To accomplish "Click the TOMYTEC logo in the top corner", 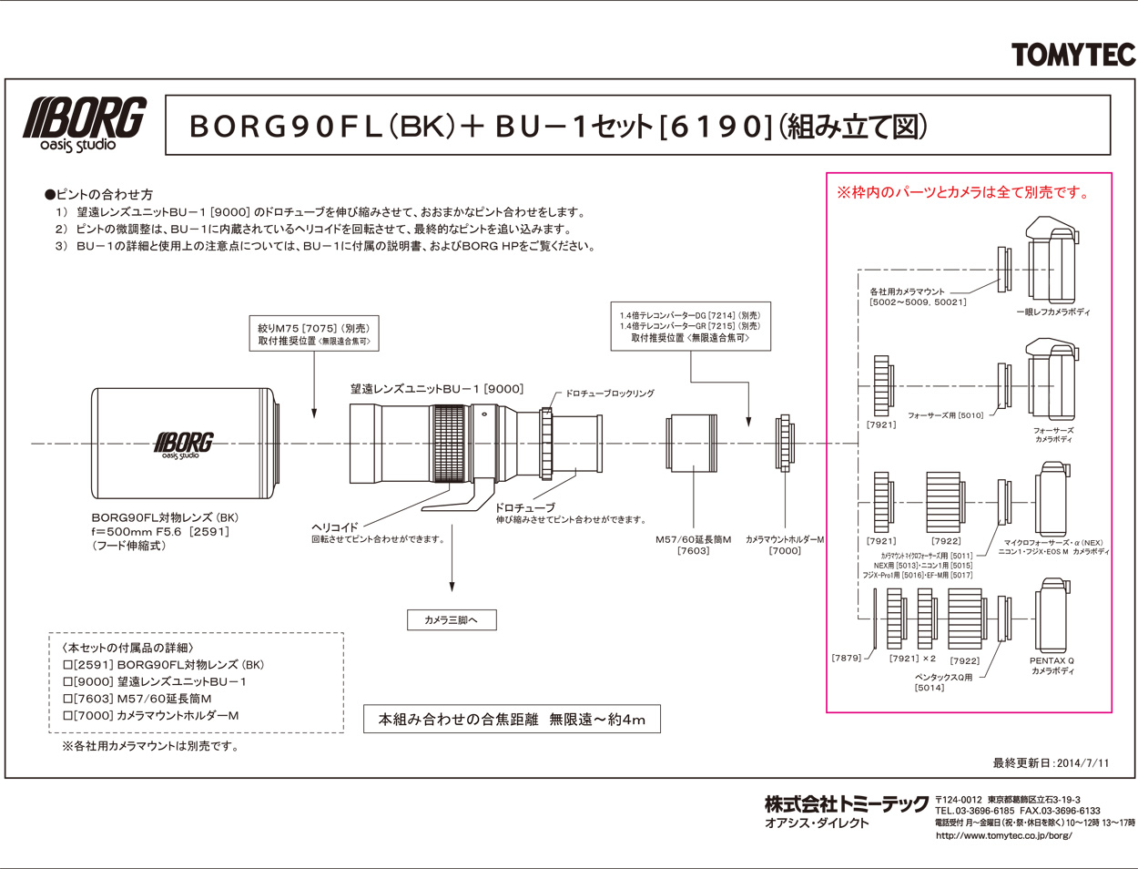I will point(1073,55).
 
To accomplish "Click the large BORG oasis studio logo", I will point(85,124).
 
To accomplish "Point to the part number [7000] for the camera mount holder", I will point(785,551).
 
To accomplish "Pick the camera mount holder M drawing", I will point(784,444).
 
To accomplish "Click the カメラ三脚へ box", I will point(452,620).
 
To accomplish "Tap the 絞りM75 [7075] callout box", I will point(313,334).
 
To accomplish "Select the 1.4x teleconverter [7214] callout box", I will point(690,326).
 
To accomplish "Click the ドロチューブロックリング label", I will point(610,394).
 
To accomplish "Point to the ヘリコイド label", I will point(335,527).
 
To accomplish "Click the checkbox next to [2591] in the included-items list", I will point(67,665).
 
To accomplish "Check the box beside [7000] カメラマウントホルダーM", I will point(67,716).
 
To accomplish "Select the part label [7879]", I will point(847,658).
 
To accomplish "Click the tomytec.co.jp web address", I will point(1003,835).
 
